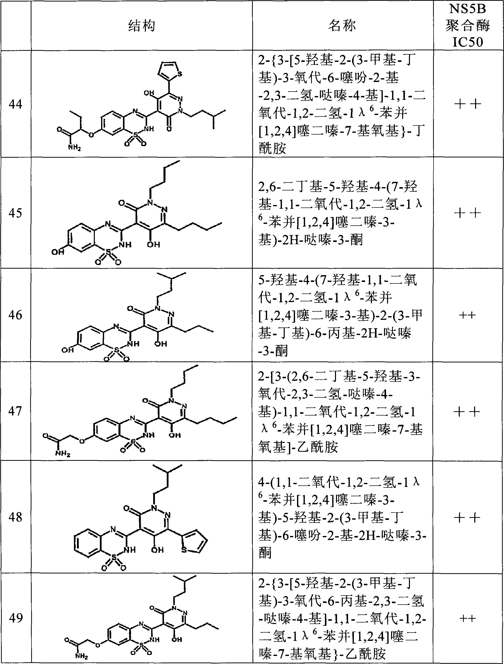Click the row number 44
pyautogui.click(x=15, y=104)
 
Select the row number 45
pyautogui.click(x=15, y=213)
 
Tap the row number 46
pyautogui.click(x=15, y=315)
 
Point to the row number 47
pyautogui.click(x=15, y=411)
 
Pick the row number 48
pyautogui.click(x=15, y=517)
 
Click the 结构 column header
pyautogui.click(x=142, y=26)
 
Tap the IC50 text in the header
pyautogui.click(x=468, y=42)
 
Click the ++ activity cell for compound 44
pyautogui.click(x=468, y=104)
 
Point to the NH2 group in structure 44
pyautogui.click(x=74, y=147)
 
